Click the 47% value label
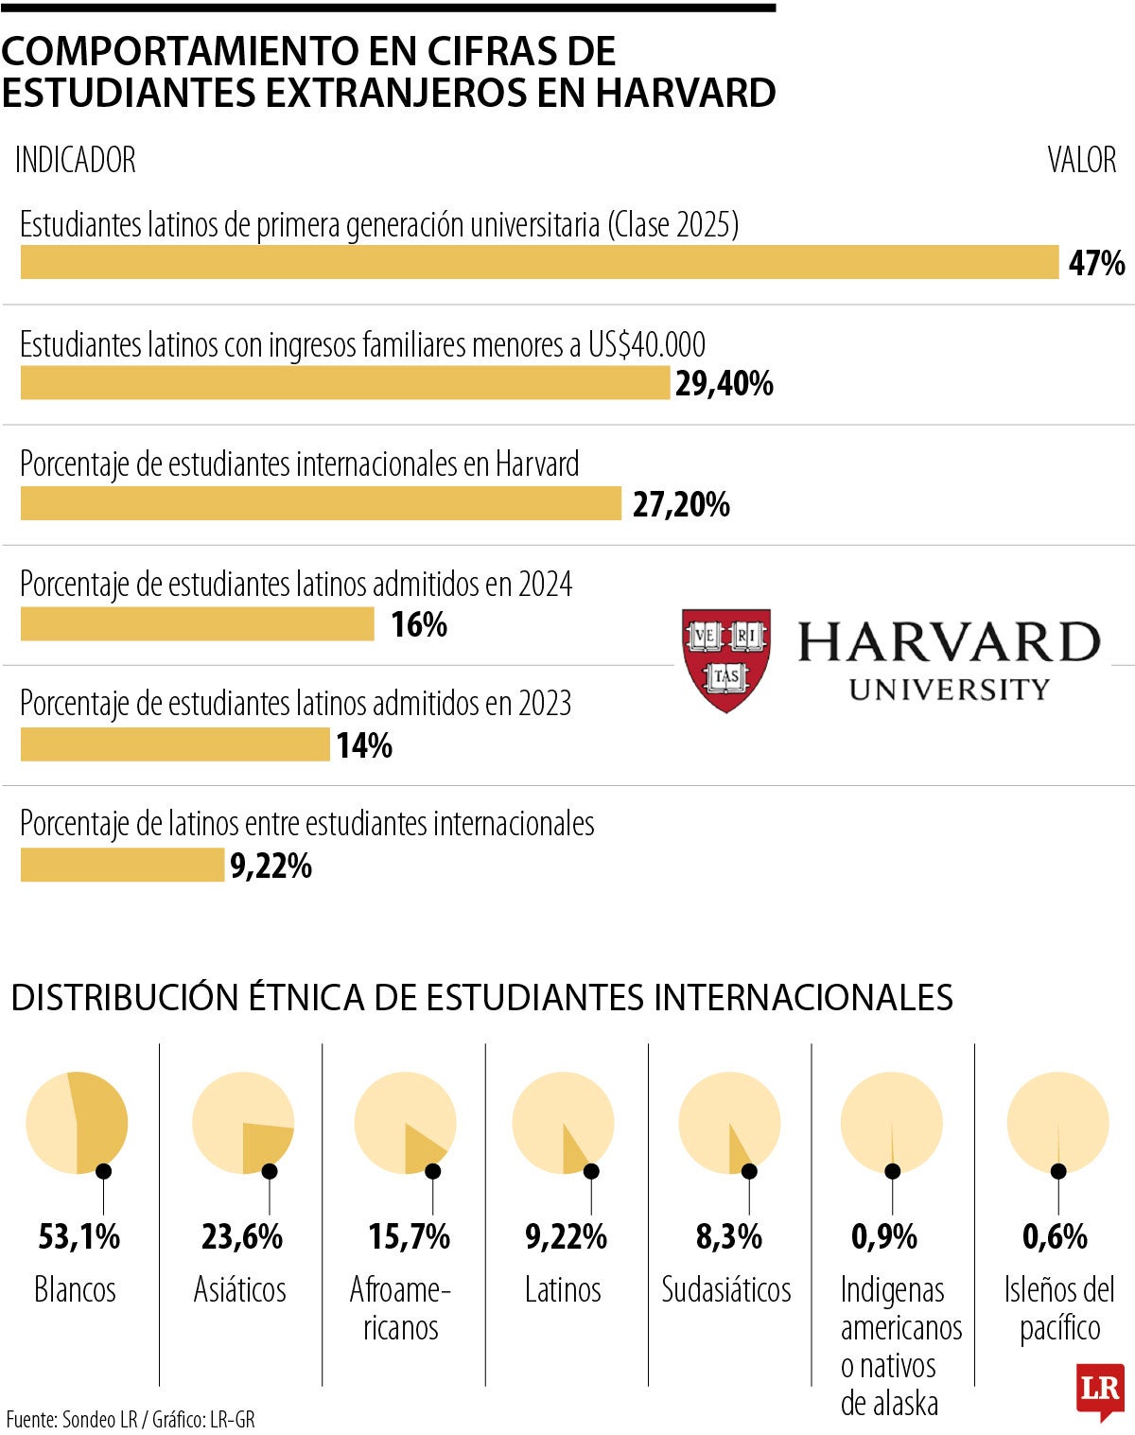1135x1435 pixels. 1096,263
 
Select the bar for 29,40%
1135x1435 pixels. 345,383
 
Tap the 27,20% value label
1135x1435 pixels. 681,504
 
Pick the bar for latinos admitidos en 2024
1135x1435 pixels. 198,624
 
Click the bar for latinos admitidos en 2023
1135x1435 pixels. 175,744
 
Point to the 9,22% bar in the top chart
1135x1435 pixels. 122,865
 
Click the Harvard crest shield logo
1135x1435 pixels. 725,659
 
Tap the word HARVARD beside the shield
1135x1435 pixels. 949,642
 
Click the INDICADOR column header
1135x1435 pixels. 76,160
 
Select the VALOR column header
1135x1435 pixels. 1081,160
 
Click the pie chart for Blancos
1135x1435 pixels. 77,1123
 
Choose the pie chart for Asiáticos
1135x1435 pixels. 243,1123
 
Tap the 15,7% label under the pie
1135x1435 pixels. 409,1236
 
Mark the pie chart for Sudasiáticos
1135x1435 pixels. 729,1123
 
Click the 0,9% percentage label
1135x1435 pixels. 884,1236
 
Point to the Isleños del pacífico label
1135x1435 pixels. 1059,1307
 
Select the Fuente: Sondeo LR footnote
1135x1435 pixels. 131,1419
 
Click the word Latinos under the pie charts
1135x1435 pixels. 563,1289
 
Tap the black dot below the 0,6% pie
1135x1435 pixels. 1058,1171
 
